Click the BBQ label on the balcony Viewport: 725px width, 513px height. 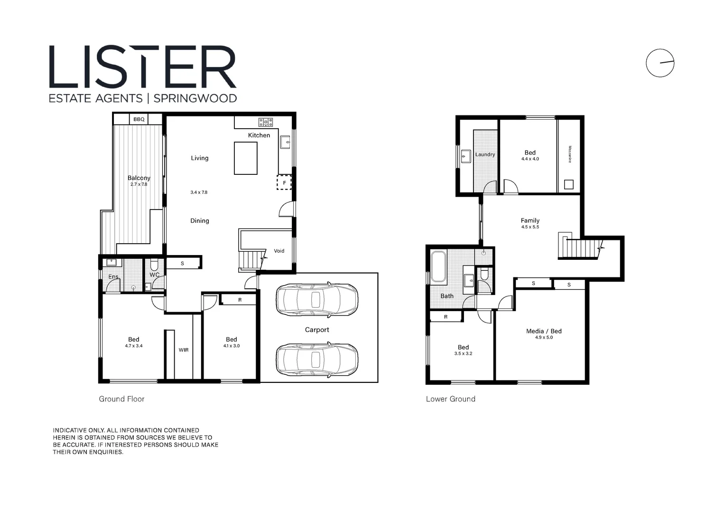coord(139,119)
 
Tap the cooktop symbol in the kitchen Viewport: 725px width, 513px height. coord(266,122)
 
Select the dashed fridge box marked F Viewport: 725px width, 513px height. coord(284,182)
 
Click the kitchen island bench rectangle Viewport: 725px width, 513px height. coord(245,158)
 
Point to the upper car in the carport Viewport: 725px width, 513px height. coord(317,300)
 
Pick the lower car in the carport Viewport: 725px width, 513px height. coord(317,360)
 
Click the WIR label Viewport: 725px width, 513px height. coord(184,350)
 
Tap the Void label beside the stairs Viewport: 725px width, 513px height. coord(279,251)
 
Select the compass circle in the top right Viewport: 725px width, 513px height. coord(660,63)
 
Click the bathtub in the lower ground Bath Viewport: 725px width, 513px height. coord(438,266)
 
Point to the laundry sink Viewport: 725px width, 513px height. coord(466,156)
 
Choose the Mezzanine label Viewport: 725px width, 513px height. coord(569,154)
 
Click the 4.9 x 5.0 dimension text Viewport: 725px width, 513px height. coord(544,338)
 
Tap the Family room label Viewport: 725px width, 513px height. coord(530,220)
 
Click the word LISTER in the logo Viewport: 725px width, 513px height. coord(142,67)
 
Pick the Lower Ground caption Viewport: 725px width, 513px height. coord(450,399)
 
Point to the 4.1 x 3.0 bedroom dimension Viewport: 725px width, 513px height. coord(232,346)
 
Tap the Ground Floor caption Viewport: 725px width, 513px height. coord(121,399)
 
